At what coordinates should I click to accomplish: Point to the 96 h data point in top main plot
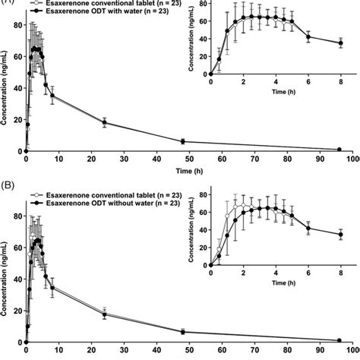tap(339, 149)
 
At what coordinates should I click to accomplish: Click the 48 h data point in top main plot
tap(182, 141)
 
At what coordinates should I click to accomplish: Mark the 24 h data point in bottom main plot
tap(104, 314)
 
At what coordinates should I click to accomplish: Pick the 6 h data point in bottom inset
tap(308, 228)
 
